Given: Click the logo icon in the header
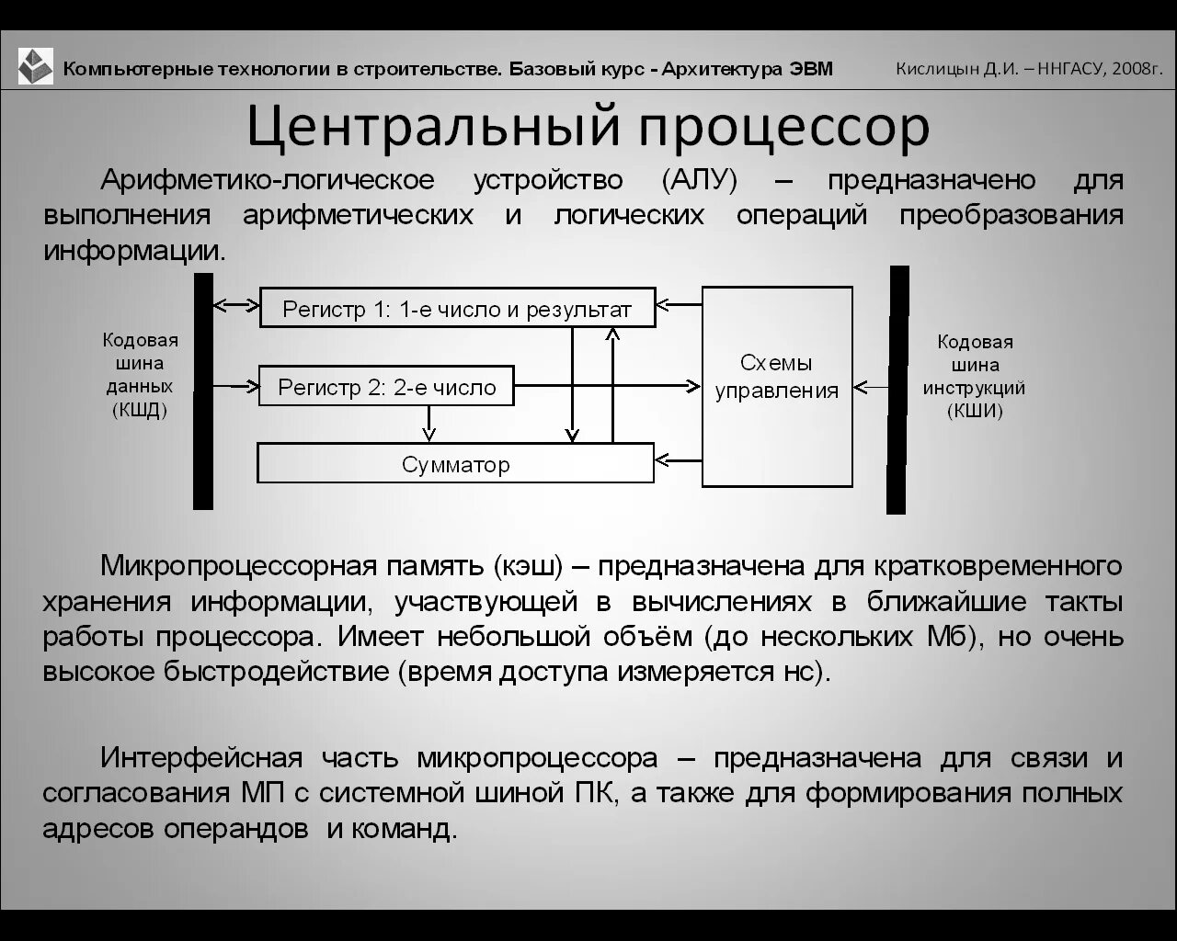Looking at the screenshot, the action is [x=36, y=66].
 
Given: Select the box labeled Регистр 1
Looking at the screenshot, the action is [x=457, y=308].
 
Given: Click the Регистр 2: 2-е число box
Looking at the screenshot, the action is [x=386, y=387].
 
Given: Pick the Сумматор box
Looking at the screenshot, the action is [x=455, y=463].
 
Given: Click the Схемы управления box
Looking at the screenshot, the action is [x=777, y=386].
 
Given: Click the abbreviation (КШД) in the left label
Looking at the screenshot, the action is [x=140, y=410].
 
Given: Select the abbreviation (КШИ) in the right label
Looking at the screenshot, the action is [x=975, y=411].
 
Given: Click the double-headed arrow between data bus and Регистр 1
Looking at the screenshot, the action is [x=236, y=303].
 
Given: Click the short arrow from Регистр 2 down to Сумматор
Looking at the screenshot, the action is [x=428, y=424].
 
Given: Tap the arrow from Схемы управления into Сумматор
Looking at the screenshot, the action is [x=679, y=459].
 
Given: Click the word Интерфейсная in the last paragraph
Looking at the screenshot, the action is [x=201, y=758].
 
